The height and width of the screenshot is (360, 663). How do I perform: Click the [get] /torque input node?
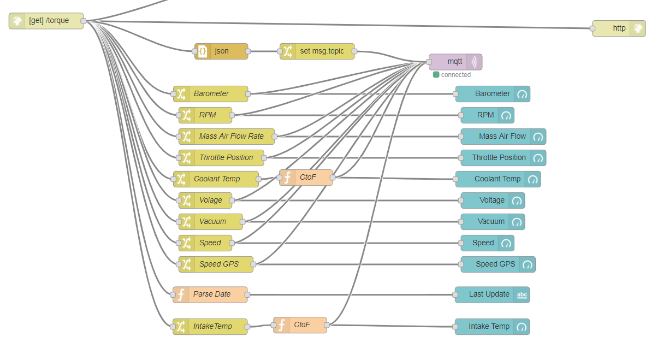coord(46,21)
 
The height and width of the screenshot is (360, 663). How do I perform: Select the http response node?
coord(618,28)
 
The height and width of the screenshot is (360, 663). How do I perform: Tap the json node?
coord(221,51)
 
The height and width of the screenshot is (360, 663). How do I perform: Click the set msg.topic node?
coord(317,51)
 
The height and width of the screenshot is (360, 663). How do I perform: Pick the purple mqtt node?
coord(455,62)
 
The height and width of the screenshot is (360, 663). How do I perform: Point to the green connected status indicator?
coord(436,75)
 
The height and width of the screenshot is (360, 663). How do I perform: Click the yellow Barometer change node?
coord(211,94)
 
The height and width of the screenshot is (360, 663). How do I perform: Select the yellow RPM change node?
coord(206,115)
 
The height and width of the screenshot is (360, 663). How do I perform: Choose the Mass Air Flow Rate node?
coord(227,137)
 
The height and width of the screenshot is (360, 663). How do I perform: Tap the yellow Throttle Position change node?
coord(222,158)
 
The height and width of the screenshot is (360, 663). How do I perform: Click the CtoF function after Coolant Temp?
coord(306,177)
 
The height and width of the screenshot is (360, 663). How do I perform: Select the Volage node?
coord(206,200)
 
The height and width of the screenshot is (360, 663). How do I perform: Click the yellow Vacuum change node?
coord(211,222)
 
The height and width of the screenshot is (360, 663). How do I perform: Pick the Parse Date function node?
coord(210,294)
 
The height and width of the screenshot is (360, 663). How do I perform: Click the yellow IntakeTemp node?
coord(210,327)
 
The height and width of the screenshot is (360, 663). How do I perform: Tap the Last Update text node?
coord(492,294)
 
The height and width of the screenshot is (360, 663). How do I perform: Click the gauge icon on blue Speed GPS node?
coord(527,264)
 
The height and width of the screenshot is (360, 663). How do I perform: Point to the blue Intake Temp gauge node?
coord(492,327)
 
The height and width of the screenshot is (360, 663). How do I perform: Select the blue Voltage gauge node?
coord(493,200)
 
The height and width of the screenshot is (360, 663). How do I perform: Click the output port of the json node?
coord(248,51)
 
